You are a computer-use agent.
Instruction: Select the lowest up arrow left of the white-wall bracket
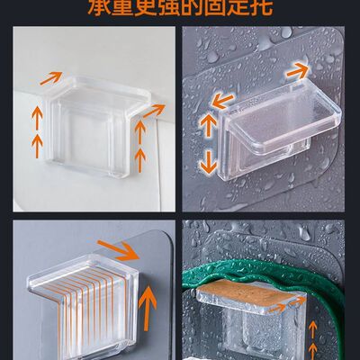[37, 142]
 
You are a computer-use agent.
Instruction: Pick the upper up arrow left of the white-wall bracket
[37, 114]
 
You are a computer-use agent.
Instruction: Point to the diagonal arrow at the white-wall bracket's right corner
[154, 111]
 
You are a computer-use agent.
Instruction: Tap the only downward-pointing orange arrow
[208, 160]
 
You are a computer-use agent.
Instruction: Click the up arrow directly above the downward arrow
[208, 124]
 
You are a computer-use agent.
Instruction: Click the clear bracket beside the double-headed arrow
[270, 126]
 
